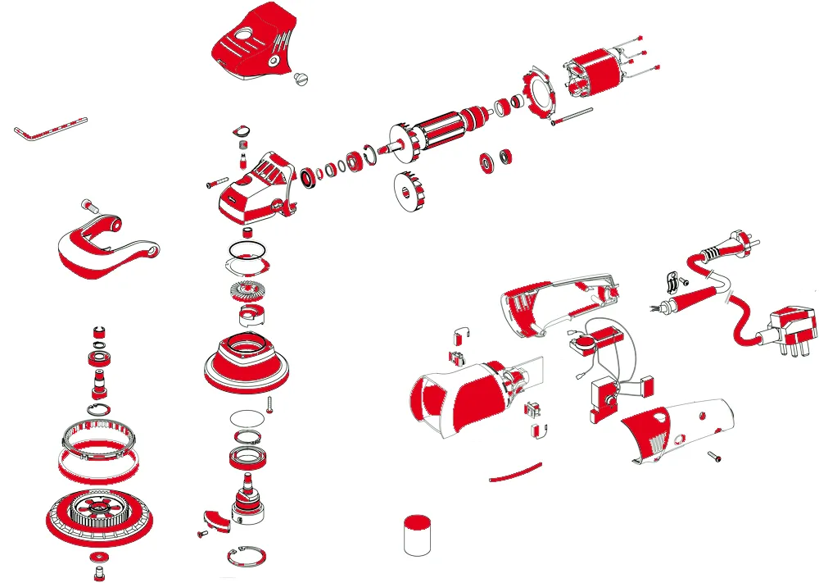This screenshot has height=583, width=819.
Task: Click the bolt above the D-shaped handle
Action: pos(90,206)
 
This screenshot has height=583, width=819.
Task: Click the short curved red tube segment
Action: pos(515,472)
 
